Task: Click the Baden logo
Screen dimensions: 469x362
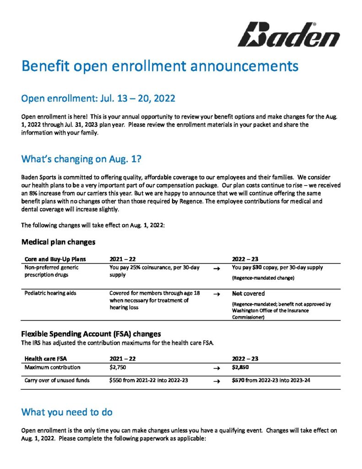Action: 288,34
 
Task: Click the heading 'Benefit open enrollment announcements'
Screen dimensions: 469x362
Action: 160,66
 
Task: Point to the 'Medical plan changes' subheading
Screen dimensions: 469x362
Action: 59,241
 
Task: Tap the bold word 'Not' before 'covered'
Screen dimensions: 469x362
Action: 237,293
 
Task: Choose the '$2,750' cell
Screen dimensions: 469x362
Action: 119,367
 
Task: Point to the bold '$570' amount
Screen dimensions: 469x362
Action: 238,380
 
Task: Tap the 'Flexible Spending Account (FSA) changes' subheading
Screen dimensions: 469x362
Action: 91,333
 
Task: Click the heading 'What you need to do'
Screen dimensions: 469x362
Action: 67,412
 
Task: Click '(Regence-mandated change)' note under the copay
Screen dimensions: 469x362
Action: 262,278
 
